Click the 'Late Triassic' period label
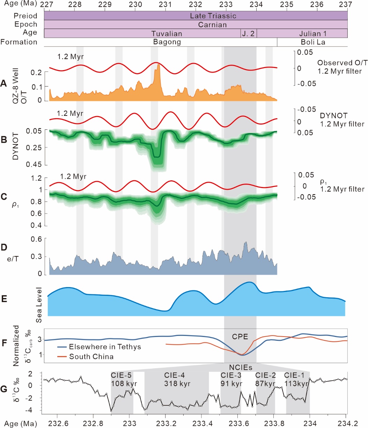pos(213,16)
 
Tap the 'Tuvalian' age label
pos(167,33)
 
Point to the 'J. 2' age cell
pos(249,33)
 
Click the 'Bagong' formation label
pos(167,42)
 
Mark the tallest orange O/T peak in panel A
pos(159,65)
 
